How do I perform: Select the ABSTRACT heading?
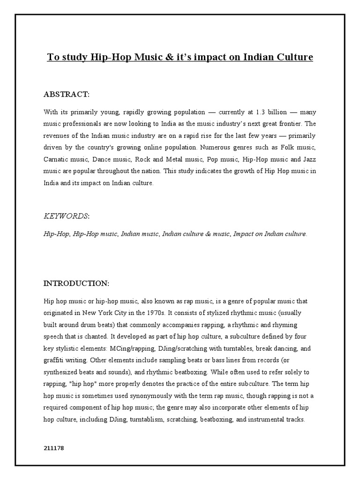click(x=66, y=95)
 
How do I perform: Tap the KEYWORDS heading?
click(x=66, y=216)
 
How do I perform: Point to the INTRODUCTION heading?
click(x=76, y=284)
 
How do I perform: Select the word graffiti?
click(x=55, y=360)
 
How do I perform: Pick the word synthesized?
click(x=63, y=373)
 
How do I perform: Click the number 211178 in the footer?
click(x=53, y=449)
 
